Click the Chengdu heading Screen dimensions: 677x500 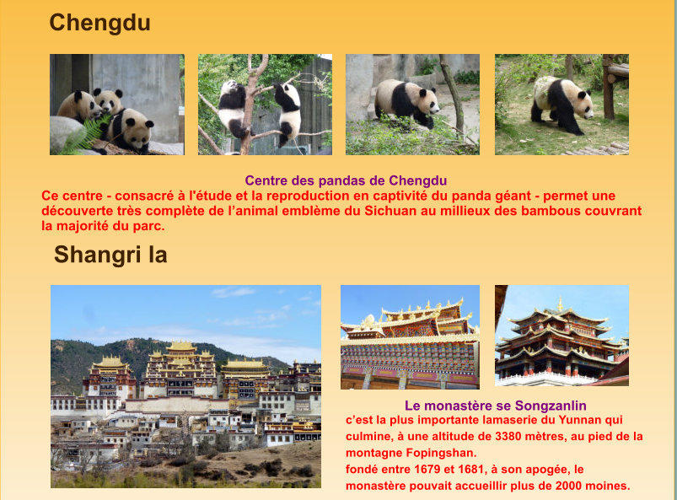[99, 23]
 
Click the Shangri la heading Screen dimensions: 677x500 [110, 255]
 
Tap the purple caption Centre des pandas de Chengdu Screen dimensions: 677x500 [346, 180]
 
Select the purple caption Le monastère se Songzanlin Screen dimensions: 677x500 [495, 406]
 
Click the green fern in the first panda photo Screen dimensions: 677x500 [82, 135]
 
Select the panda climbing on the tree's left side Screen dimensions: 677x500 [233, 108]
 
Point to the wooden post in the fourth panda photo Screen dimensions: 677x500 [608, 87]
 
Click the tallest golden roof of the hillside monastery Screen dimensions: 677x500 [181, 346]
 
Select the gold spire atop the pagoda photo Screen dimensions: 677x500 [560, 304]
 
